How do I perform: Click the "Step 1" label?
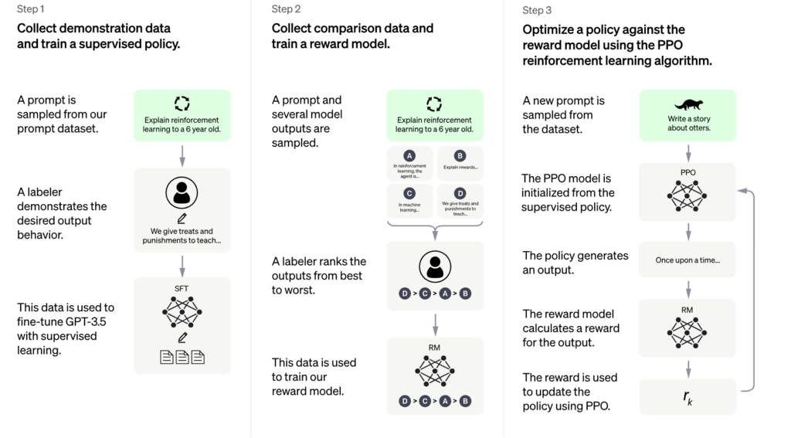(x=31, y=9)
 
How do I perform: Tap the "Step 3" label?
(x=537, y=10)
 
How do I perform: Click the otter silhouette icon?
(x=688, y=104)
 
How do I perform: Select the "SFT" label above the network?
(x=182, y=289)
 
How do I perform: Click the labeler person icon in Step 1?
(x=182, y=193)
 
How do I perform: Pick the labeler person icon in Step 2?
(x=435, y=267)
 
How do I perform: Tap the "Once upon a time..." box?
(x=687, y=260)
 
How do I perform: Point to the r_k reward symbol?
(x=688, y=396)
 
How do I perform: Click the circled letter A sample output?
(x=409, y=156)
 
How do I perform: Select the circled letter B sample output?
(x=460, y=156)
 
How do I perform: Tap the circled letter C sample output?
(x=409, y=193)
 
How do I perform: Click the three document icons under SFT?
(x=182, y=357)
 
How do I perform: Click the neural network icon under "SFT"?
(x=182, y=311)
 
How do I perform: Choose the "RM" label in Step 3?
(x=687, y=310)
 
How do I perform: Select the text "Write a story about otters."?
(x=688, y=124)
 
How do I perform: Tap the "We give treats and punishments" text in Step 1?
(x=182, y=236)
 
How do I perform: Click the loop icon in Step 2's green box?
(x=435, y=104)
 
